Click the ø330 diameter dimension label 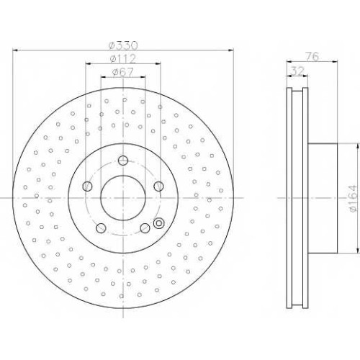pyautogui.click(x=123, y=45)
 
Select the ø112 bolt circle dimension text pyautogui.click(x=123, y=58)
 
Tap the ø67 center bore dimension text pyautogui.click(x=122, y=72)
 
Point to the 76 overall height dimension pyautogui.click(x=312, y=57)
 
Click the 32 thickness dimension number pyautogui.click(x=297, y=71)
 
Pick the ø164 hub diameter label pyautogui.click(x=353, y=198)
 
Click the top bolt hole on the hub pyautogui.click(x=123, y=161)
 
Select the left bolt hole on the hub pyautogui.click(x=87, y=186)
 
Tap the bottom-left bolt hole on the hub pyautogui.click(x=101, y=228)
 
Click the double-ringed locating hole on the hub pyautogui.click(x=158, y=223)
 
